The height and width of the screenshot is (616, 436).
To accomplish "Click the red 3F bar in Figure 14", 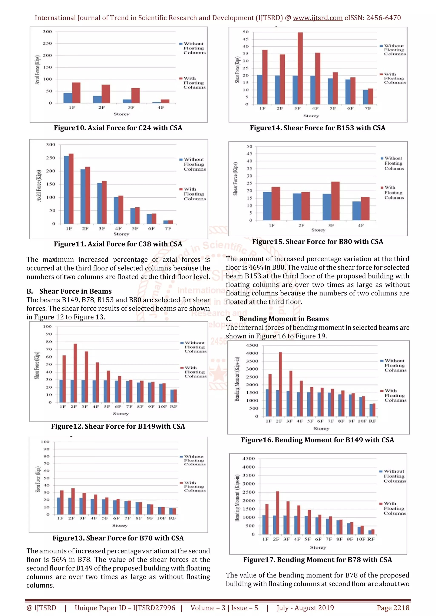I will click(x=300, y=68).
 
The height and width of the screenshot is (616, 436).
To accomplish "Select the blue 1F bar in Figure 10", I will click(x=68, y=98).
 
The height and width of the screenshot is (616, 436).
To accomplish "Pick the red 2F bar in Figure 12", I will click(x=75, y=373).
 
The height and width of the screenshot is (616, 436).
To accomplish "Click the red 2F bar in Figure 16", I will click(x=281, y=384).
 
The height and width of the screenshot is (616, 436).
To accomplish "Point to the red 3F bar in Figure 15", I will click(x=335, y=201).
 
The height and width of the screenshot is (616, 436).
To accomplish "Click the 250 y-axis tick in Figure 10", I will click(x=47, y=43).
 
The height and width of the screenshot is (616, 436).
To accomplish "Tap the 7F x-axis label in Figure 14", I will click(x=368, y=108).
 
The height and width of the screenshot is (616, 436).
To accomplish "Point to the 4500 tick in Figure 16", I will click(x=252, y=346).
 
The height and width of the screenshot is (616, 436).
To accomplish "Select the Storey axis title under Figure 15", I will click(x=318, y=230).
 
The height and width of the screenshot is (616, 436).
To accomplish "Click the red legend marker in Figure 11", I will click(x=181, y=189).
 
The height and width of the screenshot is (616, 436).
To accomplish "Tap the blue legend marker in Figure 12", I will click(x=182, y=343).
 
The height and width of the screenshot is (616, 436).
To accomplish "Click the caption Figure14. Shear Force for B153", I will click(x=317, y=128).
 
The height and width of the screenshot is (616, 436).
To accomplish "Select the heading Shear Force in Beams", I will click(x=75, y=291).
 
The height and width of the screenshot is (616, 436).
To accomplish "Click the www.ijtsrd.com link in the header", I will click(x=318, y=18).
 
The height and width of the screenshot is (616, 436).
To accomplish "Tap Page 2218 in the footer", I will click(x=393, y=608).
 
